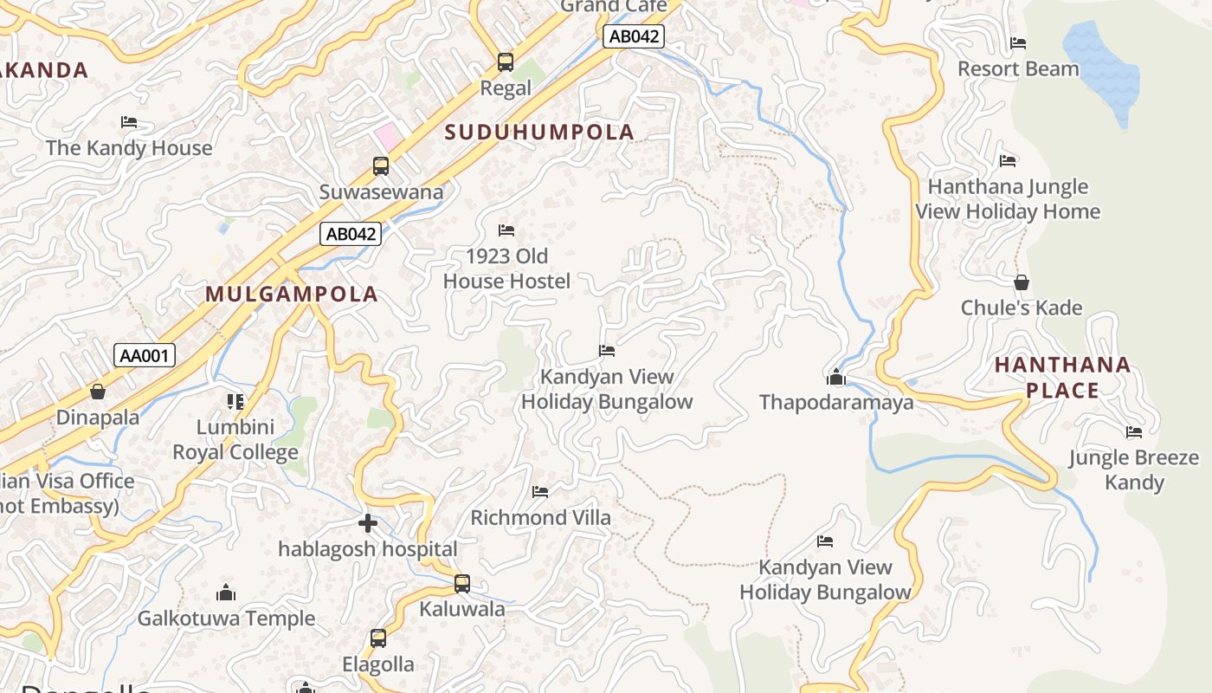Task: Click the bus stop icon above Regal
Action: (x=506, y=62)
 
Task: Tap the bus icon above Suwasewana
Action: (x=381, y=166)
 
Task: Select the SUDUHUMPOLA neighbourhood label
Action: (x=539, y=133)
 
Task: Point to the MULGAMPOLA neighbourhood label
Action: (x=292, y=295)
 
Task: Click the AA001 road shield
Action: (x=145, y=355)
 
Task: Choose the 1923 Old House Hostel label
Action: (x=506, y=269)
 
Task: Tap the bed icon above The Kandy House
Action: (x=129, y=122)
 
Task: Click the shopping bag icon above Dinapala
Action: (x=98, y=392)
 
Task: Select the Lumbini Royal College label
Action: (x=235, y=439)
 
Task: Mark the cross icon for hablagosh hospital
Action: (x=368, y=523)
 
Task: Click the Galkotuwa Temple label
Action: (x=226, y=619)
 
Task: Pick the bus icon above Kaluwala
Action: (x=462, y=584)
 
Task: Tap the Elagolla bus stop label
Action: (x=378, y=664)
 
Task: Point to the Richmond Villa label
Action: (x=540, y=518)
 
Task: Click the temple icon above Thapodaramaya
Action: (x=836, y=377)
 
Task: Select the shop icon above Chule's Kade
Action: (x=1022, y=283)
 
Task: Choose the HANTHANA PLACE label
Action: (x=1062, y=378)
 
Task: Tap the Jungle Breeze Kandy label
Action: (x=1134, y=470)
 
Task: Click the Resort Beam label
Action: (x=1018, y=69)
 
